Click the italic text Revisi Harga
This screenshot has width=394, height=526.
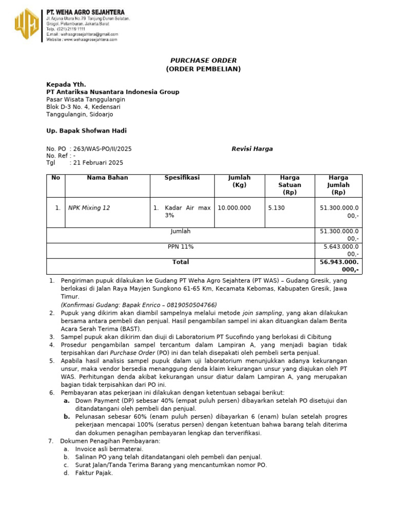(252, 149)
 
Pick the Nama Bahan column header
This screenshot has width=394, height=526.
(107, 178)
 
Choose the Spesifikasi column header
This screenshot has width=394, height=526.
(182, 178)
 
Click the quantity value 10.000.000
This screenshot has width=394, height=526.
(234, 208)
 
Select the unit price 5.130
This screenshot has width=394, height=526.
(276, 208)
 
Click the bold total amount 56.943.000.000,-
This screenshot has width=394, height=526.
(339, 266)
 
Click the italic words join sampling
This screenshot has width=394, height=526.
(263, 313)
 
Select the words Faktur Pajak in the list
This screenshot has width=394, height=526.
(94, 473)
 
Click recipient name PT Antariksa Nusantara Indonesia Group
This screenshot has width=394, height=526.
(113, 92)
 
